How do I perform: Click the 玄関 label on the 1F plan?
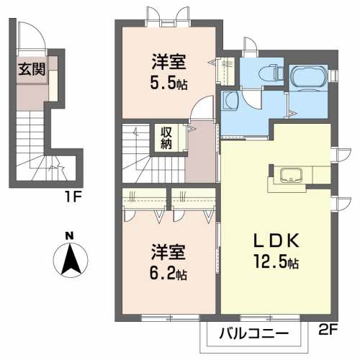coord(32,69)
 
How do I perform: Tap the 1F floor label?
coord(73,197)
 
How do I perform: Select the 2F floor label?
coord(328,329)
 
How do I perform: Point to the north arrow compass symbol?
coord(71,260)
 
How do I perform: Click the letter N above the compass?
coord(70,236)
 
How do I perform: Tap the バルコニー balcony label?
coord(253,333)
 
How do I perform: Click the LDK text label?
coord(276,240)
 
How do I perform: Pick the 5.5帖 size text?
coord(168,83)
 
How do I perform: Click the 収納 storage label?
coord(166,138)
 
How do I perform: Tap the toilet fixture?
coord(272,71)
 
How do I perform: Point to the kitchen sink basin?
coord(292,175)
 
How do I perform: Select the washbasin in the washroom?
coord(230,101)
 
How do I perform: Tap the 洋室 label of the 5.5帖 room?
coord(168,62)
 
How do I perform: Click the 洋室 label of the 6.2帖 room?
coord(168,252)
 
